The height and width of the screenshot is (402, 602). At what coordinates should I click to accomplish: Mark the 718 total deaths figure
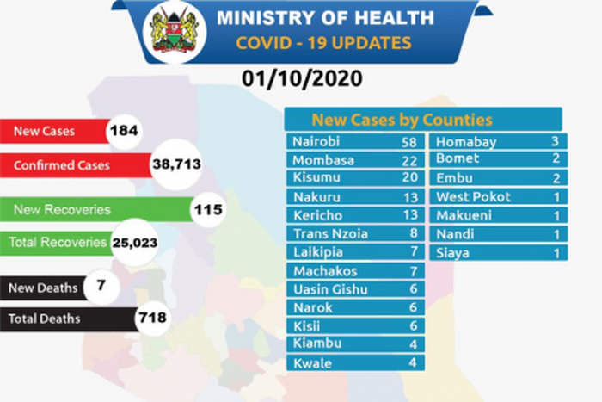coord(152,319)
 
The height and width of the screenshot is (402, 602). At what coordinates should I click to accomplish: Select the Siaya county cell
coord(452,252)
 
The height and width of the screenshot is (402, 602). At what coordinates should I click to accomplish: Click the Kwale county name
coord(311,363)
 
